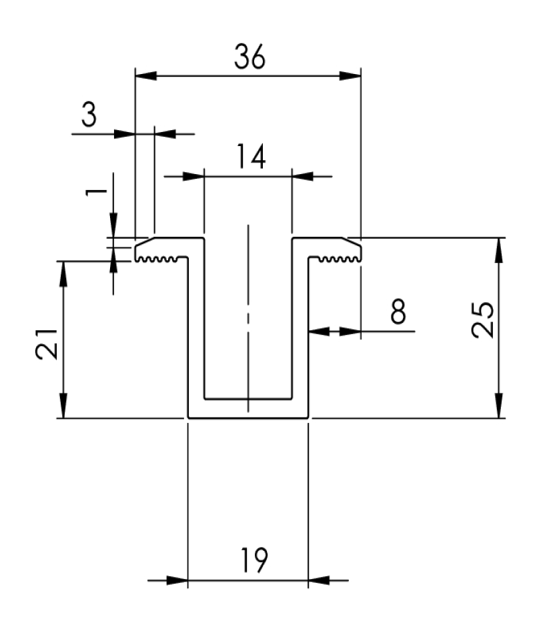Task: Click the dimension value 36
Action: pos(249,57)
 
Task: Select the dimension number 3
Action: pos(89,114)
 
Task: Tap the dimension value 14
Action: pos(251,156)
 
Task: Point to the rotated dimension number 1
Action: pos(96,191)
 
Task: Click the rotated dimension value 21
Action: pos(47,344)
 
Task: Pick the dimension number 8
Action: pos(398,311)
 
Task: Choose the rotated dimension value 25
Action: pos(482,320)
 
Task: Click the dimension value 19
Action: pos(254,560)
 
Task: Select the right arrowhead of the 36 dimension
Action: pos(350,75)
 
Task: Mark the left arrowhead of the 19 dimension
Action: pos(177,580)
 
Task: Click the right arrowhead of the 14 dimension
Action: pos(303,176)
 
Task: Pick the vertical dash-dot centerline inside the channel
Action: pos(248,318)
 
